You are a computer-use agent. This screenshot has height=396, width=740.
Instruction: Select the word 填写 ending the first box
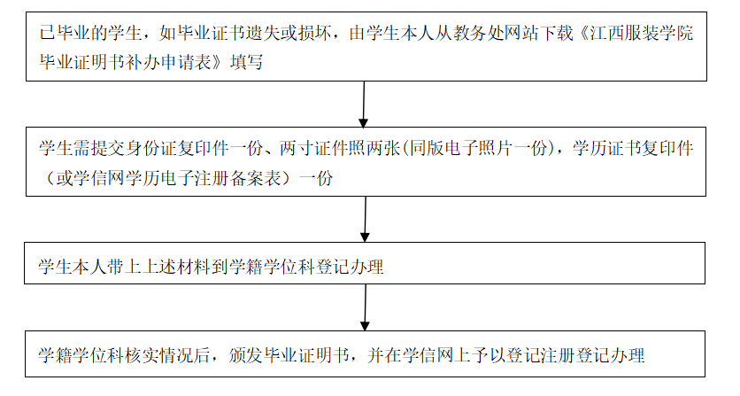pyautogui.click(x=247, y=62)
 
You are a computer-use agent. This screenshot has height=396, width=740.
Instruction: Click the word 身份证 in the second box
pyautogui.click(x=134, y=149)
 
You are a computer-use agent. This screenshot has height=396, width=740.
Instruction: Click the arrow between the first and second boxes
pyautogui.click(x=364, y=104)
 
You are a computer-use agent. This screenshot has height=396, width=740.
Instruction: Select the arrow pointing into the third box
pyautogui.click(x=365, y=220)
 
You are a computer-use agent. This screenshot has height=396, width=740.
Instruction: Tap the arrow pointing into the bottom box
pyautogui.click(x=365, y=307)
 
